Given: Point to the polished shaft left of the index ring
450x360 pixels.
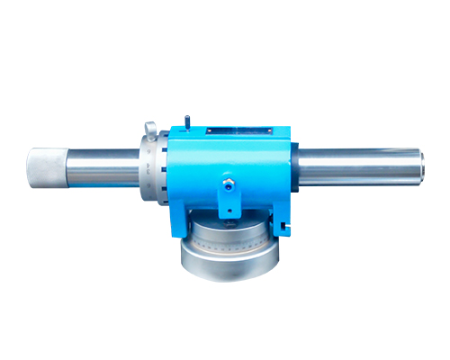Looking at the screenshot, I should [x=106, y=167].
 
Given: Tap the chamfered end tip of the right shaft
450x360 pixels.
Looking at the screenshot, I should [x=420, y=166].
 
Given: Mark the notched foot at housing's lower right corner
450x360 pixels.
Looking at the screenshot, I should [x=286, y=225].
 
